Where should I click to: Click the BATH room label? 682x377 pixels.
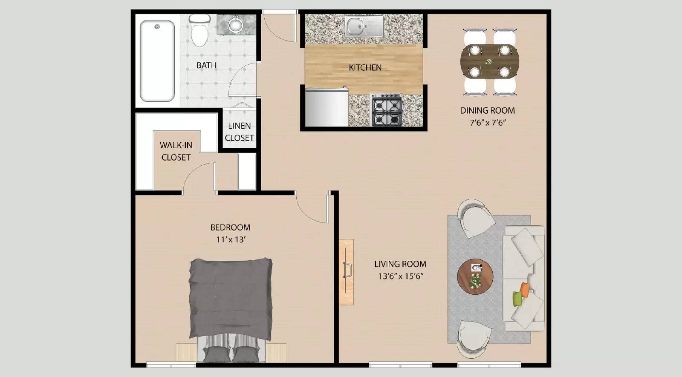tap(206, 65)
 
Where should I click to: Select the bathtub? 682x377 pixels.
tap(157, 61)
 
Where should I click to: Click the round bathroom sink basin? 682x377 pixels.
tap(235, 25)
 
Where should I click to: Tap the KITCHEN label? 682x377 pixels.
tap(365, 67)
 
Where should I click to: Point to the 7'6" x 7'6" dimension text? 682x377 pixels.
tap(487, 123)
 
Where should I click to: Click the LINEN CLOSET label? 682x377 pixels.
tap(240, 132)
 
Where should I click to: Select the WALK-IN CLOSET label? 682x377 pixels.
tap(176, 151)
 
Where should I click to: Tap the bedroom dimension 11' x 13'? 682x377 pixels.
tap(231, 239)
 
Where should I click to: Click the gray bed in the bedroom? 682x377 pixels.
tap(231, 298)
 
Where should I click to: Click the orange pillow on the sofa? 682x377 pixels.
tap(525, 290)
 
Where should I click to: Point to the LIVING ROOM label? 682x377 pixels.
tap(400, 264)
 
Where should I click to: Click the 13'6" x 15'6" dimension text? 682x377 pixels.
tap(400, 276)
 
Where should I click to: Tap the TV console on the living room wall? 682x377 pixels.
tap(346, 272)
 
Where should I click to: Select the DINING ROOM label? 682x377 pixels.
tap(487, 110)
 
